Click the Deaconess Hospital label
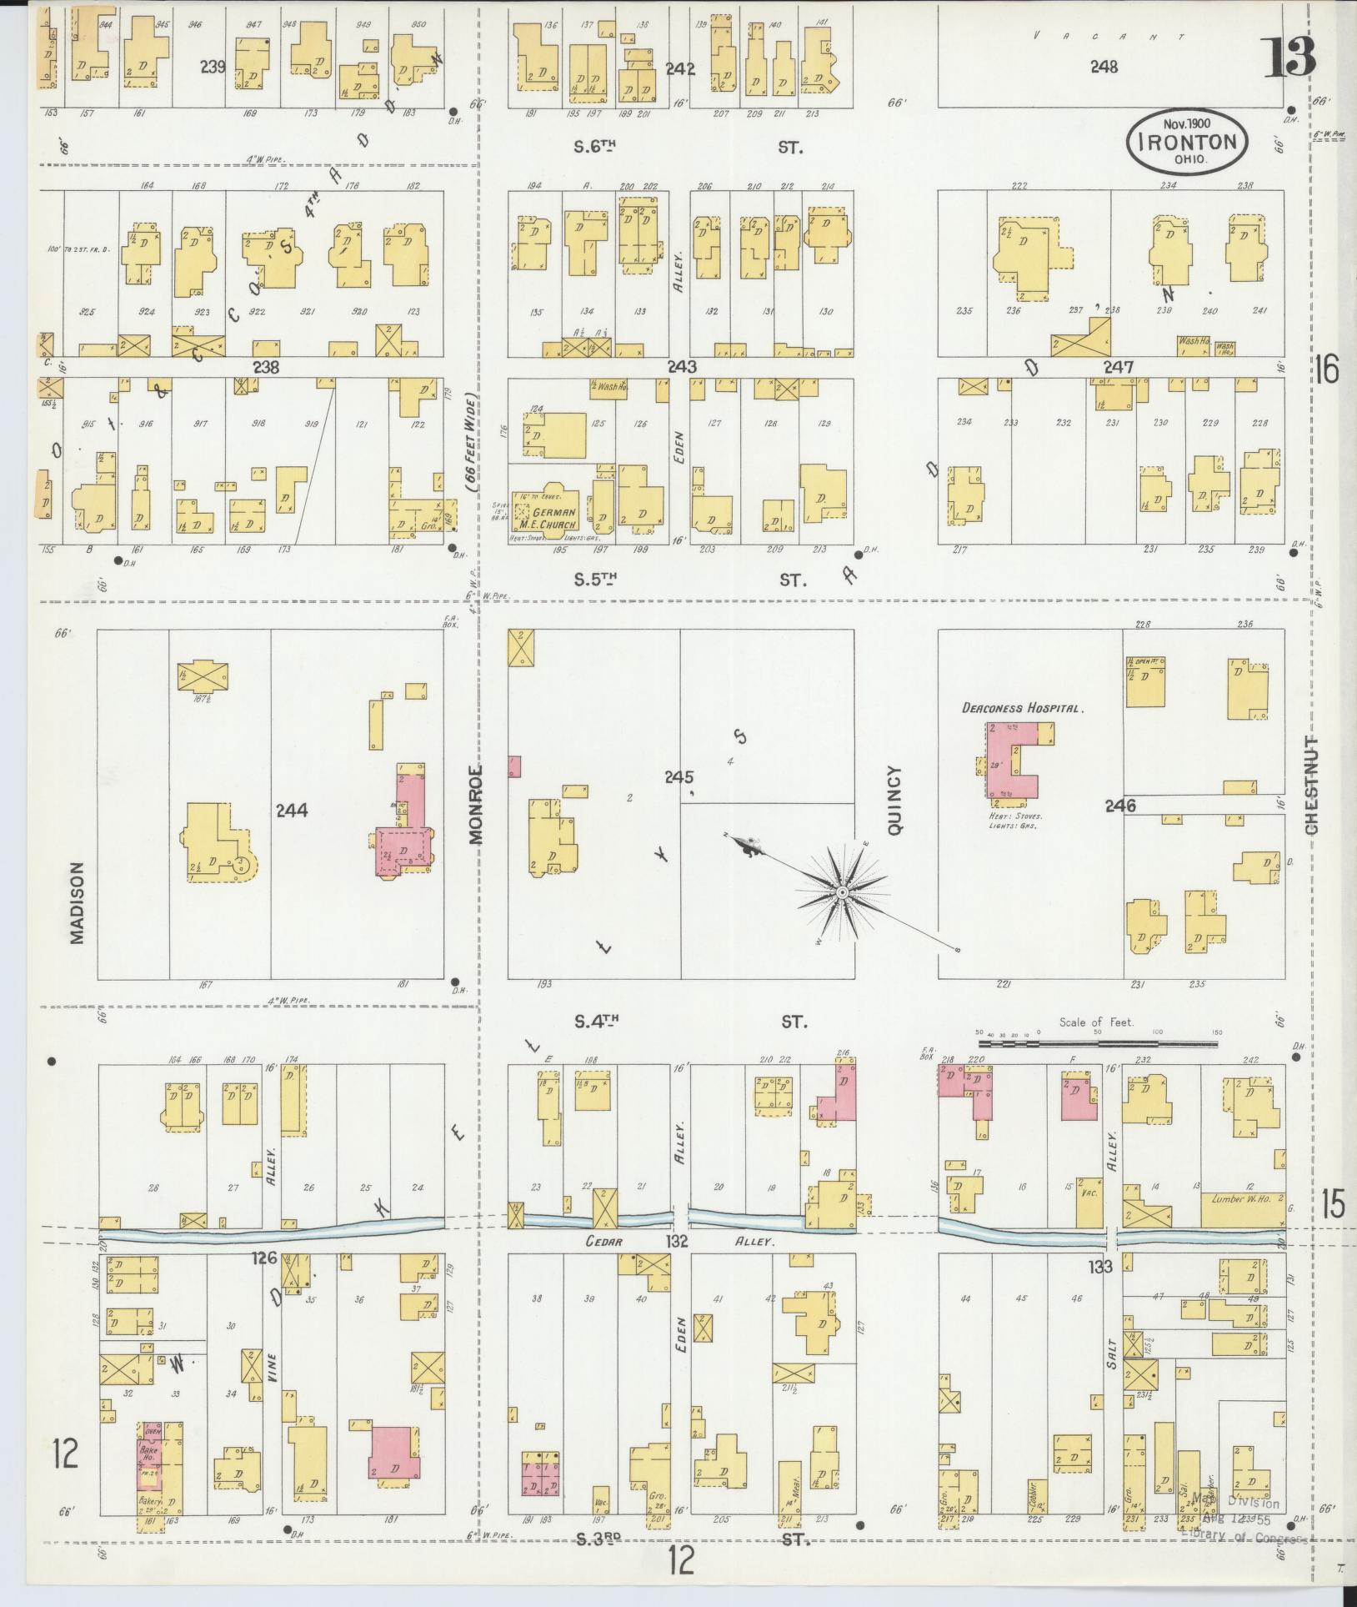1022,708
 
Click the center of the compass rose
842,892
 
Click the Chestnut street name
1313,786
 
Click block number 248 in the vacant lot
1104,67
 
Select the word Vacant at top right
1109,36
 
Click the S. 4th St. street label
688,1021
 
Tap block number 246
1120,806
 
